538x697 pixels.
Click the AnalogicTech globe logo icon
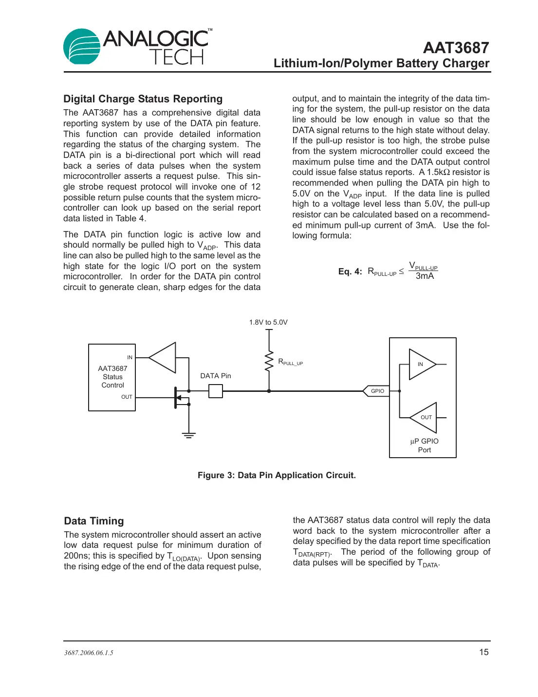(x=82, y=46)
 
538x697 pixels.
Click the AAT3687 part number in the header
(x=456, y=48)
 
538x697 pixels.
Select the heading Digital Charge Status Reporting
(x=143, y=99)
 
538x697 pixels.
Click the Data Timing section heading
(x=94, y=521)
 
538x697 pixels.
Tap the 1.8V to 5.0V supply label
(x=268, y=322)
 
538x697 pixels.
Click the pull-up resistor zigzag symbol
(x=269, y=361)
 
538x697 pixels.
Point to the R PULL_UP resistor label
(x=290, y=362)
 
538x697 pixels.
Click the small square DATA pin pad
(x=215, y=391)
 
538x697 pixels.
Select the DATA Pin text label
(x=216, y=376)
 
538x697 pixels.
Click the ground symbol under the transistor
(x=189, y=435)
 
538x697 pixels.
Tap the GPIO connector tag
(x=376, y=391)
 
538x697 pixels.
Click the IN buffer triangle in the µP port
(x=422, y=364)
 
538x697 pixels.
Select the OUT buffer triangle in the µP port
(x=425, y=417)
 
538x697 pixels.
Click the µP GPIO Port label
(x=424, y=445)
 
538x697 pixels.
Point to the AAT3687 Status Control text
(x=112, y=377)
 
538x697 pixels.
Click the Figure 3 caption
(x=277, y=475)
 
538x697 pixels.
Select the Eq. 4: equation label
(x=350, y=271)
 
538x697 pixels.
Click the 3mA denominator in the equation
(x=425, y=276)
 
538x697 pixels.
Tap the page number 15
(x=483, y=652)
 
